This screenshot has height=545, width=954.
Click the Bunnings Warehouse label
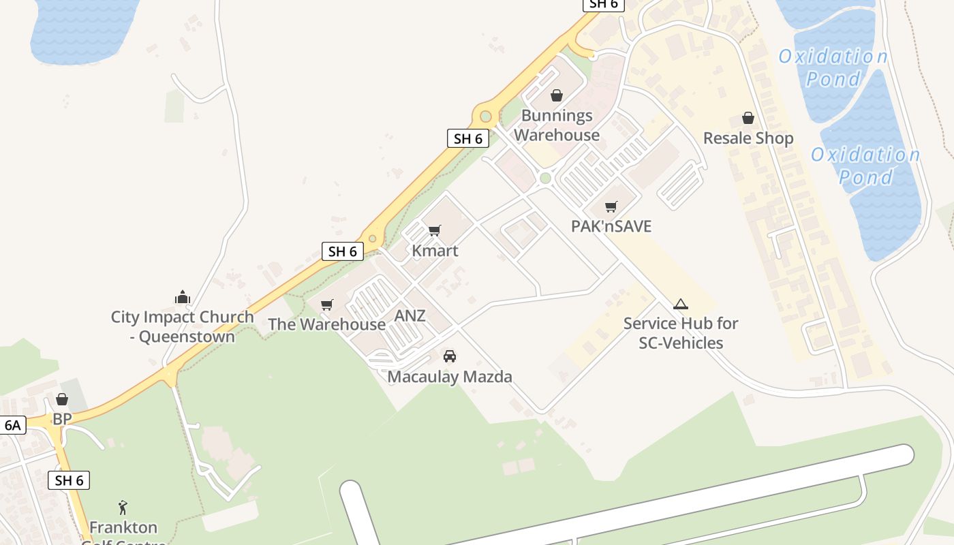pyautogui.click(x=557, y=125)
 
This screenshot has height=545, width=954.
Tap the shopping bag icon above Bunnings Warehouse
pyautogui.click(x=557, y=95)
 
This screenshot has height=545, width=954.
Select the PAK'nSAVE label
pyautogui.click(x=611, y=226)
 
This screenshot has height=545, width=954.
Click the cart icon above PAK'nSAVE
pyautogui.click(x=611, y=206)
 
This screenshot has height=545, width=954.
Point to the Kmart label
pyautogui.click(x=435, y=251)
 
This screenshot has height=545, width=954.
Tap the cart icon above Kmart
pyautogui.click(x=435, y=230)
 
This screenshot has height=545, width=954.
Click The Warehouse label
pyautogui.click(x=326, y=324)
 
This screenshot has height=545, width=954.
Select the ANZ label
pyautogui.click(x=410, y=315)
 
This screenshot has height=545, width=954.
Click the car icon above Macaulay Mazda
pyautogui.click(x=450, y=356)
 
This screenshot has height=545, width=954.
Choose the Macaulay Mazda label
pyautogui.click(x=450, y=377)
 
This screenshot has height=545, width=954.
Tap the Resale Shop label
pyautogui.click(x=748, y=138)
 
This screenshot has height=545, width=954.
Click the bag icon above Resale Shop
pyautogui.click(x=748, y=118)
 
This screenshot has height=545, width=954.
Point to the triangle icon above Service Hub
pyautogui.click(x=680, y=304)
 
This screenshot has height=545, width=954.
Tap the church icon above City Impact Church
pyautogui.click(x=183, y=297)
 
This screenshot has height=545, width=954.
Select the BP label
pyautogui.click(x=62, y=419)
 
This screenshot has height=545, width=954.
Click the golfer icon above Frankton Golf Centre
pyautogui.click(x=123, y=508)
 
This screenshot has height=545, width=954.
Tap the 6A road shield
pyautogui.click(x=13, y=426)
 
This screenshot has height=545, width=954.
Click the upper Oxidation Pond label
pyautogui.click(x=833, y=67)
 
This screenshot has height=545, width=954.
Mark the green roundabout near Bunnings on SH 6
pyautogui.click(x=485, y=116)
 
